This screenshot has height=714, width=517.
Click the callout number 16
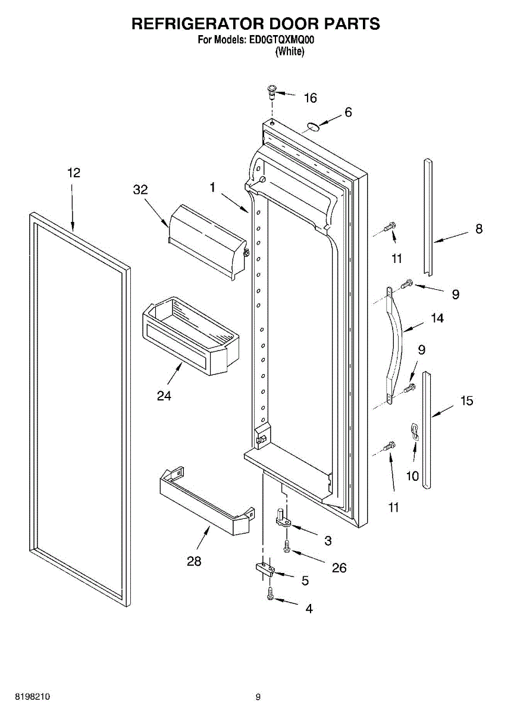(311, 98)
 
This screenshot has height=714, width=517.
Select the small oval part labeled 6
(314, 126)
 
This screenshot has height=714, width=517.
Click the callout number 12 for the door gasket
(73, 173)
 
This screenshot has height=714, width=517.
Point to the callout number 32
(140, 190)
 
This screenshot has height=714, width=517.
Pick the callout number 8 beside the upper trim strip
(479, 228)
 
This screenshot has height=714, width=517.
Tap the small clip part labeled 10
(415, 432)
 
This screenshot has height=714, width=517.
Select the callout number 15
(467, 401)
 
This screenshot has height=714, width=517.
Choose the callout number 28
(194, 561)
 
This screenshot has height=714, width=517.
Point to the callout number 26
(339, 568)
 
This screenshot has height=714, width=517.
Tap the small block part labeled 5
(264, 570)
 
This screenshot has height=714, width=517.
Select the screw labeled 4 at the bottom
(271, 594)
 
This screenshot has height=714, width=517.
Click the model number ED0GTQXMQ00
(281, 40)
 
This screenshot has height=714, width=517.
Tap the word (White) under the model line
(290, 52)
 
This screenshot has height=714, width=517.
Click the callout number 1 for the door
(212, 187)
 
